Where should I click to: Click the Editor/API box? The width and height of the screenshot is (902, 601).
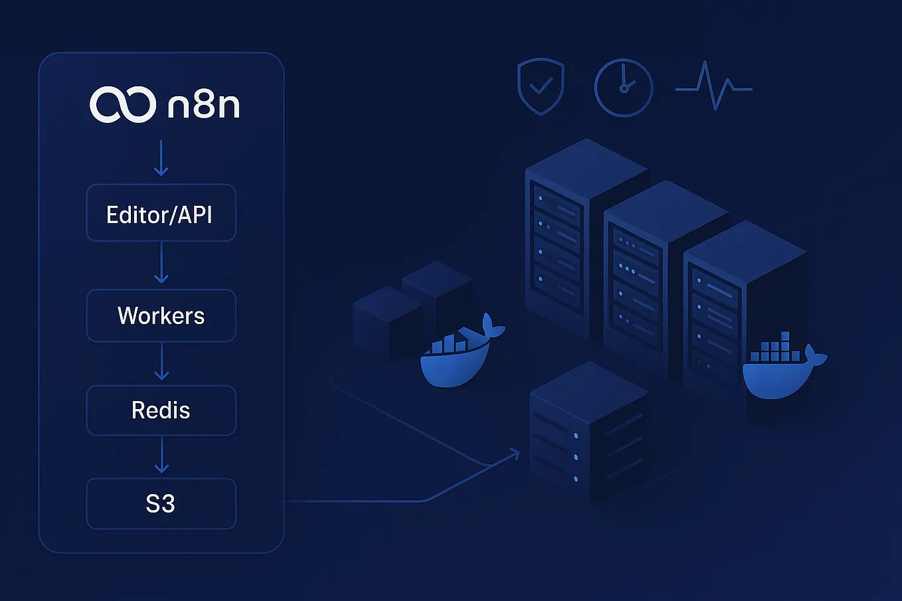point(161,213)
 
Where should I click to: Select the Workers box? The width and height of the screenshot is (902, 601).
point(161,315)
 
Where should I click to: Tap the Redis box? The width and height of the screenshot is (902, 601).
point(161,410)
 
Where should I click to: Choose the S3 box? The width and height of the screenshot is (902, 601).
point(161,503)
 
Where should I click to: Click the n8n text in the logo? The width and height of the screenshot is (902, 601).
point(203,105)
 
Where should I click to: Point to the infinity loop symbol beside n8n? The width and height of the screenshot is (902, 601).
point(123,104)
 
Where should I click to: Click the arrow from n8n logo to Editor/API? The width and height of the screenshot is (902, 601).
point(161,158)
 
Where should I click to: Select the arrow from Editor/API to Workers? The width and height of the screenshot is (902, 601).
point(161,262)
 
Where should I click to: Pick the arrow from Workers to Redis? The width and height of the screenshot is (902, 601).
point(161,361)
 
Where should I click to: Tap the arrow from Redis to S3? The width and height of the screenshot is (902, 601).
point(161,454)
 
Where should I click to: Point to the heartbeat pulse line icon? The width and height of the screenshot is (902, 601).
point(713,86)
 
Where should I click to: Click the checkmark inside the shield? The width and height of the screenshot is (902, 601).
point(541,86)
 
